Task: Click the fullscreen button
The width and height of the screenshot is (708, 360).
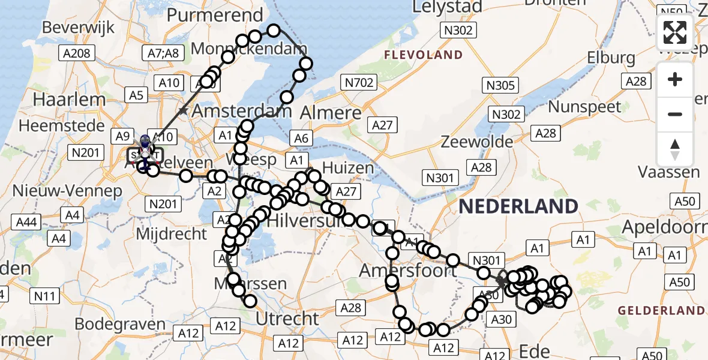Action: (x=675, y=32)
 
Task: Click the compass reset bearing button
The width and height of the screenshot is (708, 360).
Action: (x=675, y=149)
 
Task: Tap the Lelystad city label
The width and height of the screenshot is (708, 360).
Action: (x=447, y=7)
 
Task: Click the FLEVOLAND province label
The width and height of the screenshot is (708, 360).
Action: (x=424, y=55)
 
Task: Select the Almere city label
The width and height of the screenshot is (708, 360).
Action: (x=330, y=112)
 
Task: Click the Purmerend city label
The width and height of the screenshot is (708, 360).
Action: (x=215, y=15)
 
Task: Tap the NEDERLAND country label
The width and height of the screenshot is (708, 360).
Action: (x=518, y=206)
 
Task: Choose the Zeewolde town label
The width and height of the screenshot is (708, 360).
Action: (x=477, y=142)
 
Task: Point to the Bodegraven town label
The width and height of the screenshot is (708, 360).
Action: (x=120, y=324)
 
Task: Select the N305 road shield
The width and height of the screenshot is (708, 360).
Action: (x=500, y=86)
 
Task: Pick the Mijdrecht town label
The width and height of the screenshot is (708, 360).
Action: (x=172, y=233)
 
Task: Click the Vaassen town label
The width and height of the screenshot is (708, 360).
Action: (x=668, y=172)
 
